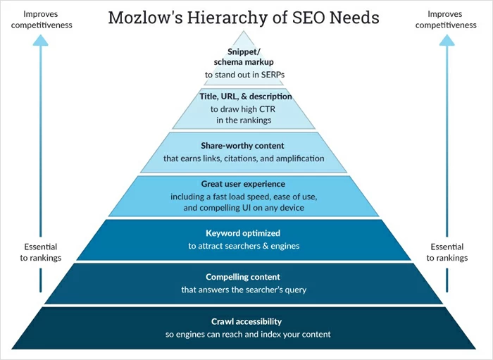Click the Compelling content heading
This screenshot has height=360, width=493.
click(243, 277)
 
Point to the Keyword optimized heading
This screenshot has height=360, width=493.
click(243, 232)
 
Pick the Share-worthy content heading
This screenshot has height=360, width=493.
click(244, 146)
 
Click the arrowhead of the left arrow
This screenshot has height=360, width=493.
click(41, 40)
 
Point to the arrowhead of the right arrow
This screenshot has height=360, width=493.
click(447, 40)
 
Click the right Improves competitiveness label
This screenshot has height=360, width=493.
click(446, 19)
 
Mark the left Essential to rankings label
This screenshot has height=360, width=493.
click(41, 252)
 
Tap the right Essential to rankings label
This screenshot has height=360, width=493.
click(447, 252)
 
